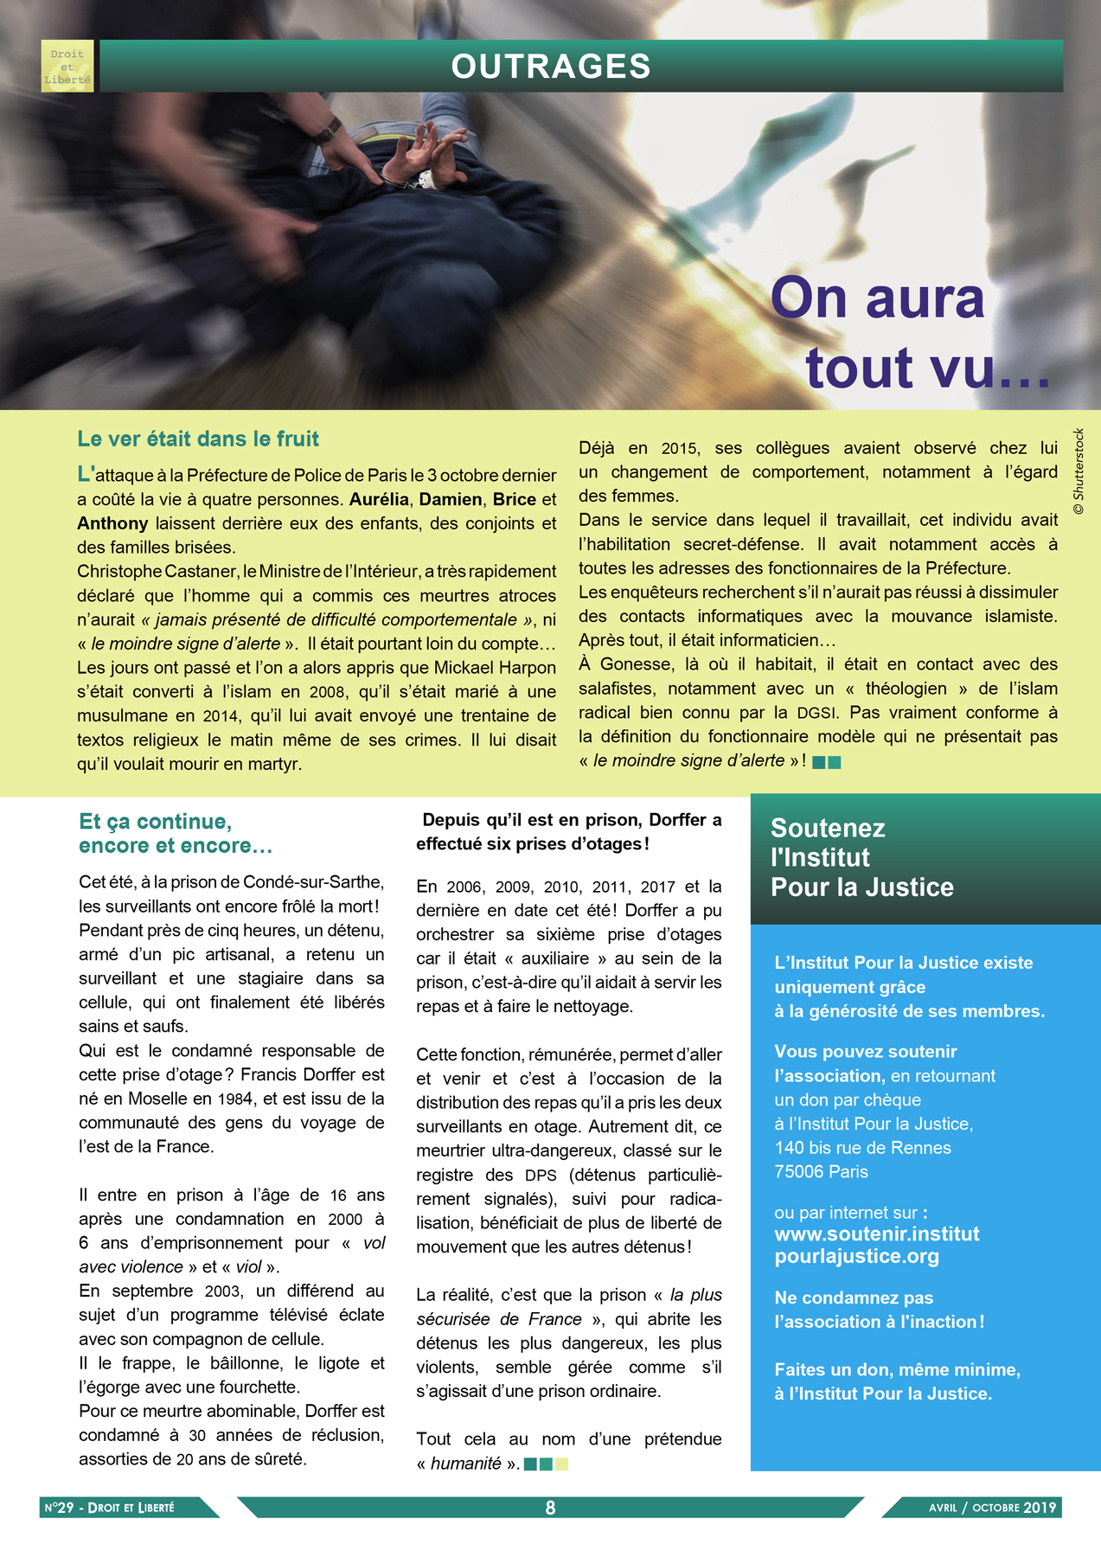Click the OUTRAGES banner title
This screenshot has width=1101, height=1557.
click(x=551, y=67)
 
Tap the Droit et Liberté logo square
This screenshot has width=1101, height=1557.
click(x=67, y=66)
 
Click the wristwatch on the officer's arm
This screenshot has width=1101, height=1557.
click(x=327, y=131)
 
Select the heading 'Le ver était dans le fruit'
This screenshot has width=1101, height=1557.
click(x=198, y=439)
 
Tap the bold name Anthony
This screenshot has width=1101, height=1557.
click(x=112, y=523)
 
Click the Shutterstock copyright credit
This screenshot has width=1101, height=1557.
click(x=1078, y=472)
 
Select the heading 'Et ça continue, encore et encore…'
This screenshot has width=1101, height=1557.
click(x=176, y=833)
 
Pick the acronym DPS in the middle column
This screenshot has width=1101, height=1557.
click(x=541, y=1176)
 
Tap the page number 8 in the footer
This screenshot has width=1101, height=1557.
click(x=550, y=1508)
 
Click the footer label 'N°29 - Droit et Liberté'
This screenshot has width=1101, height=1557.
click(x=110, y=1508)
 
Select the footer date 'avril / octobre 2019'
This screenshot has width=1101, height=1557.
click(x=992, y=1508)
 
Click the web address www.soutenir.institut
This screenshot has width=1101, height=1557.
click(x=877, y=1233)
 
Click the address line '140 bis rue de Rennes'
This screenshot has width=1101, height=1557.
click(x=862, y=1148)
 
